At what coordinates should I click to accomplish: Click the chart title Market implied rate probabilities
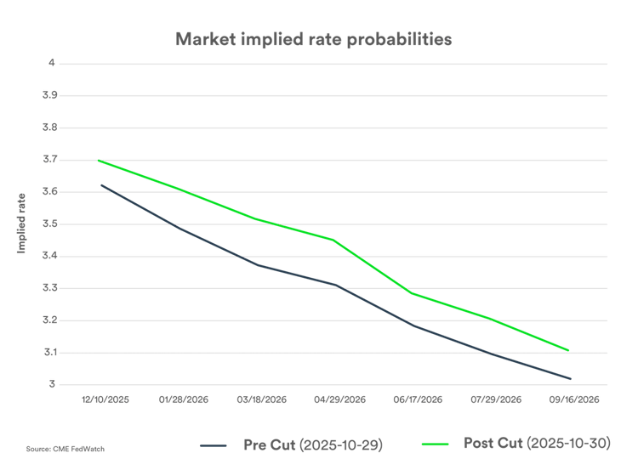click(x=316, y=39)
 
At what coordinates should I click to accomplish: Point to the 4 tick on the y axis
click(x=52, y=63)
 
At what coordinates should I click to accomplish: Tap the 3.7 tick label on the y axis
click(x=50, y=160)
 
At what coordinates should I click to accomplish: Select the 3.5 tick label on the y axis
click(x=50, y=224)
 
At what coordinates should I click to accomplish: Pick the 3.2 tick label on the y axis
click(x=50, y=320)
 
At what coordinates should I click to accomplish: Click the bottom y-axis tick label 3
click(x=52, y=384)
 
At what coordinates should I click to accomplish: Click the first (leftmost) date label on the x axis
click(x=105, y=398)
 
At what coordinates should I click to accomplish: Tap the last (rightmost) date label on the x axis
click(x=576, y=398)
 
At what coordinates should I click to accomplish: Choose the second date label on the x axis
click(x=183, y=398)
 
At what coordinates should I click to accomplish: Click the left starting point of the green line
click(x=100, y=160)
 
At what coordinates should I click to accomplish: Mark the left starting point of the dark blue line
click(x=101, y=184)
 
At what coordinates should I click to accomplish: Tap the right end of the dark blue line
click(x=571, y=379)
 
